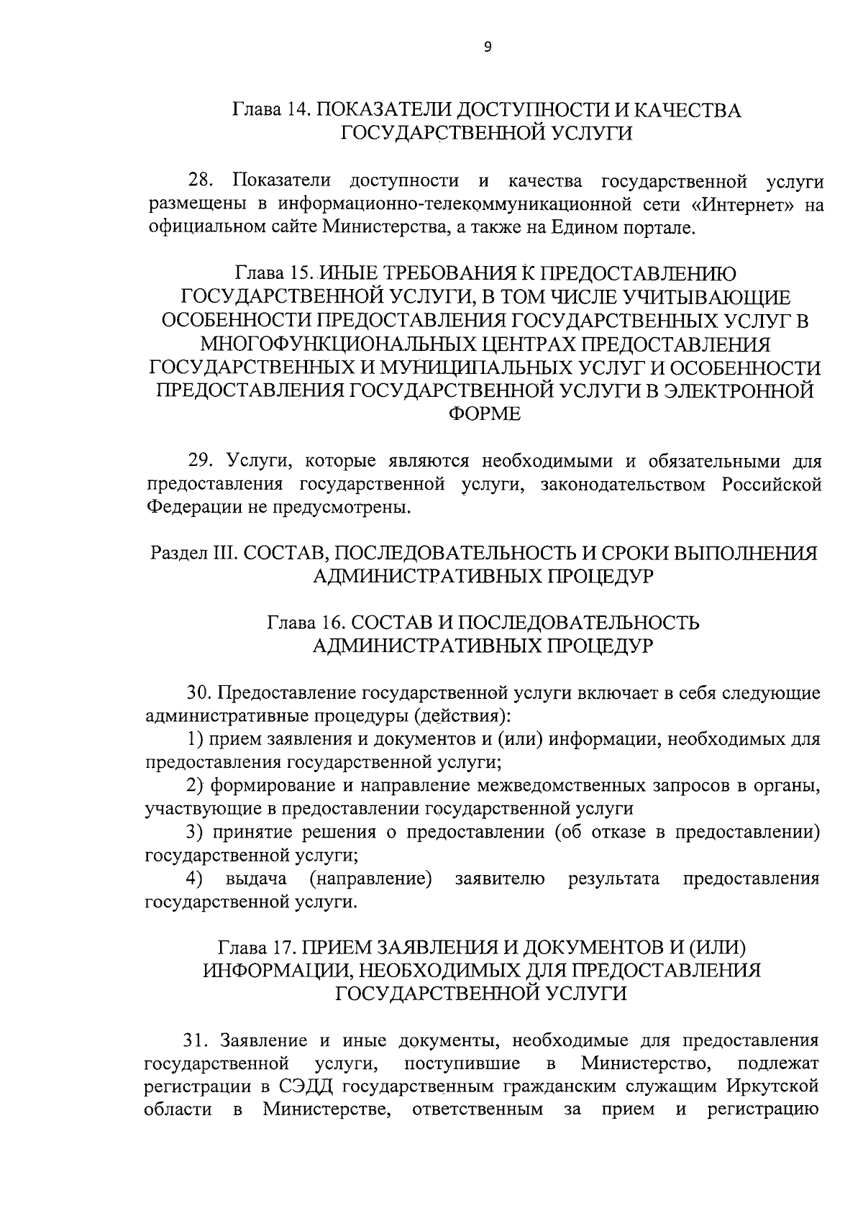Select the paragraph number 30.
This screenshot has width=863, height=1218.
(201, 692)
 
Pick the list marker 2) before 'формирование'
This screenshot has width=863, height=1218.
(195, 786)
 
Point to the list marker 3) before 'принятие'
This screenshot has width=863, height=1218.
(195, 833)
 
